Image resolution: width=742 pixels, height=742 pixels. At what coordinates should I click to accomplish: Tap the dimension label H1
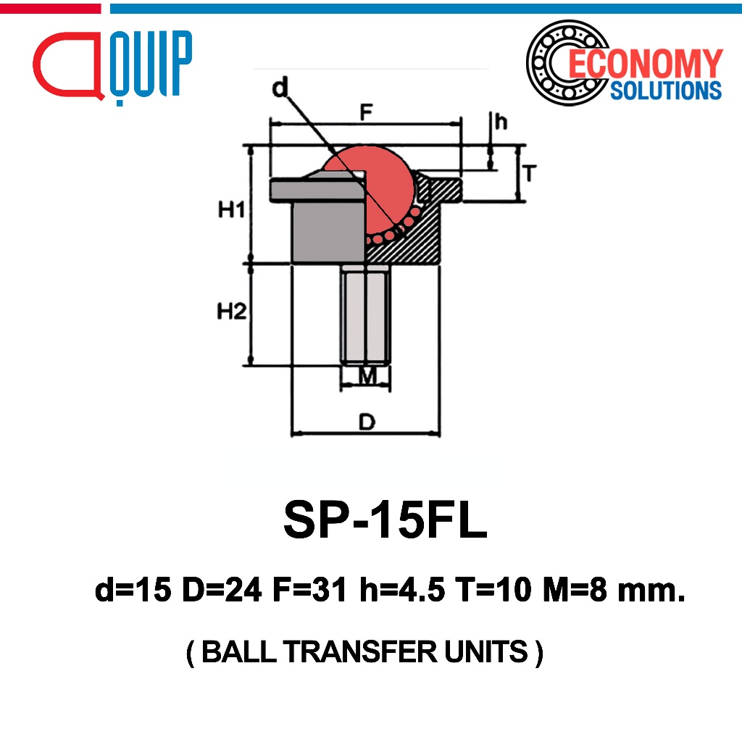click(x=232, y=209)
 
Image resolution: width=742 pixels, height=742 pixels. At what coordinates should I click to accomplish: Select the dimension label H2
click(x=232, y=312)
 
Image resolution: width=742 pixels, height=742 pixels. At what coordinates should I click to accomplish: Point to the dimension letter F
click(x=367, y=112)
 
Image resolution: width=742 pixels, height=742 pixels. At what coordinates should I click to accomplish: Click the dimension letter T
click(x=530, y=173)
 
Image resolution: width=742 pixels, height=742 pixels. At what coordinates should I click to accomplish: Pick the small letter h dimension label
click(x=501, y=121)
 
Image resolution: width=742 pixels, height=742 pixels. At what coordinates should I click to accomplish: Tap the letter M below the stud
click(x=367, y=376)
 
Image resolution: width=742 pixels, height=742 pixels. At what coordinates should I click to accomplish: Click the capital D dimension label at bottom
click(x=367, y=422)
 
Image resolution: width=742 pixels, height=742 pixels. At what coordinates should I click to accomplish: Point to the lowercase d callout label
click(x=280, y=88)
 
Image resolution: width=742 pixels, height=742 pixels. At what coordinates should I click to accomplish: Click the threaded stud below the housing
click(x=366, y=314)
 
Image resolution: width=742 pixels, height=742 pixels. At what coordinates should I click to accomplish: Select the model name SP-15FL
click(x=385, y=520)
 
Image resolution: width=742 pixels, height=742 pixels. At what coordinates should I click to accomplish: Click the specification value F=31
click(x=310, y=590)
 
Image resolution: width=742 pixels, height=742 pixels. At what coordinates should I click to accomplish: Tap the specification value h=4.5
click(x=403, y=590)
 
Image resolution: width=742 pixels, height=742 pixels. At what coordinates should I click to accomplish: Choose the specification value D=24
click(x=222, y=590)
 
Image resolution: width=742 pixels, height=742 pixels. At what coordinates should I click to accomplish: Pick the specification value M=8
click(x=575, y=590)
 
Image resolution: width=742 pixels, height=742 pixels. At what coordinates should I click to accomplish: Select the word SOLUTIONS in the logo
click(x=666, y=91)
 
